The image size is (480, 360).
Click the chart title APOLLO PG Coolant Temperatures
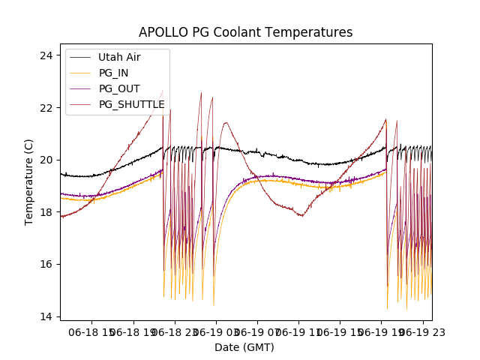click(245, 33)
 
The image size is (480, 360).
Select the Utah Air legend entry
click(119, 57)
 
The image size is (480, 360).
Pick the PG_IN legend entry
click(114, 73)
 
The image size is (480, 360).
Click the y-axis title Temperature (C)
click(28, 181)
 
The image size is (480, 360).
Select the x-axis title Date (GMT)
click(244, 347)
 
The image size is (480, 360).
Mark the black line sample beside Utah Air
click(80, 57)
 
